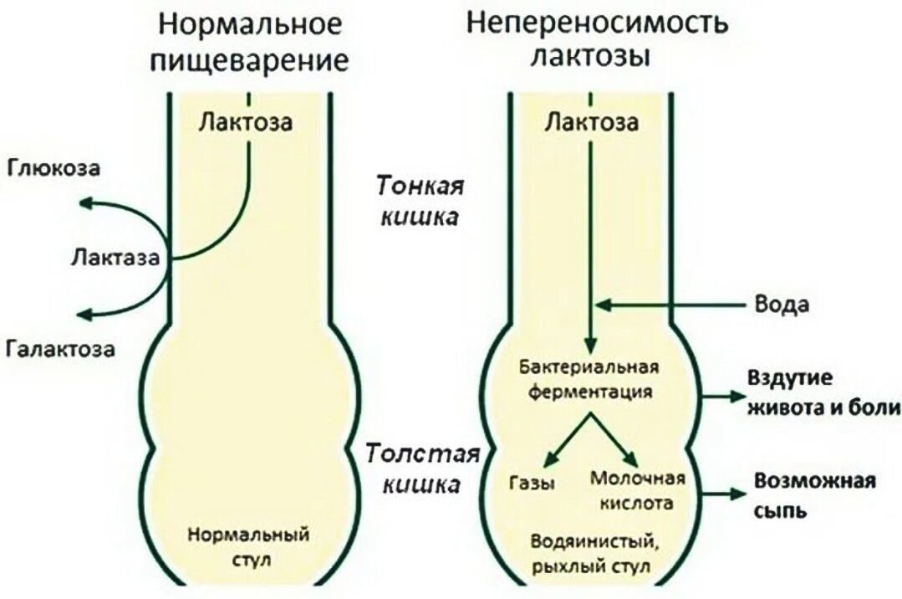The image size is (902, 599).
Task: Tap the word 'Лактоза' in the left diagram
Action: pos(247,123)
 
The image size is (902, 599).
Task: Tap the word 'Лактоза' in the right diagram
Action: pos(592,123)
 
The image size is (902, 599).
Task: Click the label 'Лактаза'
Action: pos(115,256)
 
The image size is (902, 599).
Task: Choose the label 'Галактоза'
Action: pos(60,346)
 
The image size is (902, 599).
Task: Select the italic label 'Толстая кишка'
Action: pos(423,468)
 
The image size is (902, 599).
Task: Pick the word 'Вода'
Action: pos(781,305)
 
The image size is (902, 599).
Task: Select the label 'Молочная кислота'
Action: pos(638,491)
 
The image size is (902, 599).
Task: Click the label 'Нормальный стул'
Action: pos(249,544)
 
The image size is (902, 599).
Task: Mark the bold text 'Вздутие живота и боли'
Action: pos(823,392)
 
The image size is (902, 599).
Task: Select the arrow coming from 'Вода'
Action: pos(669,305)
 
